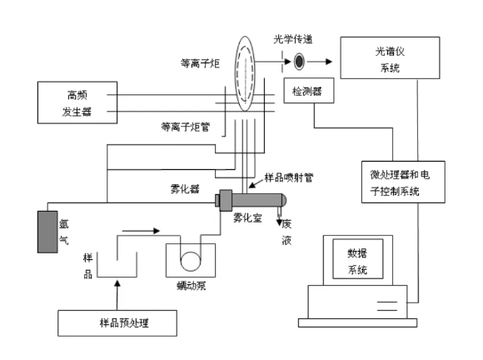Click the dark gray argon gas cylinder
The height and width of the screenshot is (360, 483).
pos(47,232)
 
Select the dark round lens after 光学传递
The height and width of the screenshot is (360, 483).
pos(299,62)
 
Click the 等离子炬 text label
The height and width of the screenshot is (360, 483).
pos(200,63)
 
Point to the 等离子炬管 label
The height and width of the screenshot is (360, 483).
pos(186,127)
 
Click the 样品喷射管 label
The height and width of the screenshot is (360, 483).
pos(289,177)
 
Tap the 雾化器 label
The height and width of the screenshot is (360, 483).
pos(185,189)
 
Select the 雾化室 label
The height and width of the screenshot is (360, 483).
pos(247,217)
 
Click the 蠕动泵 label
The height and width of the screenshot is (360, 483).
pos(192,286)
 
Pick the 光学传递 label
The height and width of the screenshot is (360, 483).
pos(293,39)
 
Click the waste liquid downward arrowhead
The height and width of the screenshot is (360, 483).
pos(279,222)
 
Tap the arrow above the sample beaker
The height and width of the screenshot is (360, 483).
pos(141,231)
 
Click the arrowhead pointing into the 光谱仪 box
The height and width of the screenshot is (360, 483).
pos(329,62)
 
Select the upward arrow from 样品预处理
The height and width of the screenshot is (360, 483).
pos(117,295)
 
